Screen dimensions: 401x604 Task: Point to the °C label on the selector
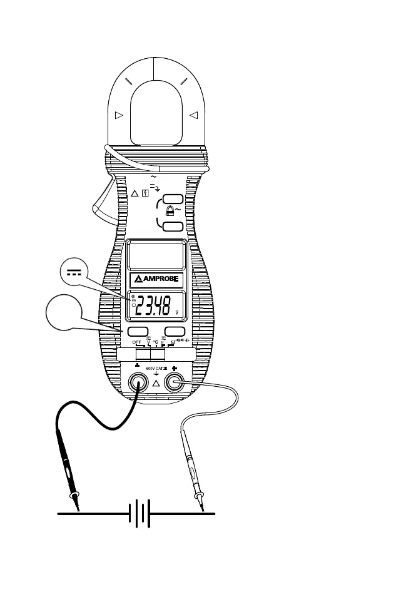pyautogui.click(x=155, y=342)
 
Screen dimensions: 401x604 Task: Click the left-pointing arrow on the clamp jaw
pyautogui.click(x=193, y=115)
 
